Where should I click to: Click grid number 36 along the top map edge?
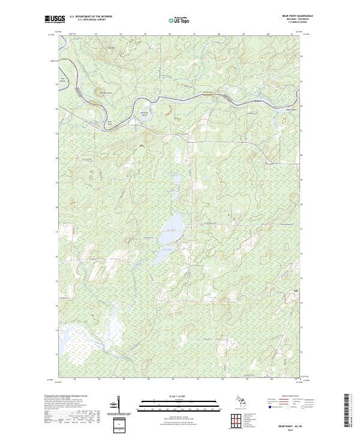[x=170, y=33]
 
